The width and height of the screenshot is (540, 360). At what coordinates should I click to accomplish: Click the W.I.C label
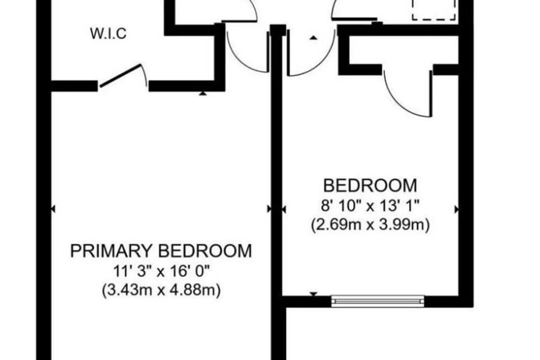(x=108, y=34)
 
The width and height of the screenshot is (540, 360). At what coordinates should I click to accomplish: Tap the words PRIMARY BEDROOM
(x=161, y=251)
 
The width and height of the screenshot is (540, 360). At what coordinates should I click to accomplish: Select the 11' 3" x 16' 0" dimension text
(x=162, y=271)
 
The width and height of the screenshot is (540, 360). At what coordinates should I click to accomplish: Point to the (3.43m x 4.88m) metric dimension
(x=161, y=290)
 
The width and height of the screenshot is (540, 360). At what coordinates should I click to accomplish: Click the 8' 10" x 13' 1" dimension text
(x=370, y=206)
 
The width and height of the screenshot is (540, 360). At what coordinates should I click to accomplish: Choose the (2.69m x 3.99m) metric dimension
(x=370, y=225)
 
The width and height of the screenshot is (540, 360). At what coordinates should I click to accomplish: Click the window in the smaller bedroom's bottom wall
(x=378, y=301)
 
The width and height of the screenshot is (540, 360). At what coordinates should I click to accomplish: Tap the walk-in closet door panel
(x=121, y=75)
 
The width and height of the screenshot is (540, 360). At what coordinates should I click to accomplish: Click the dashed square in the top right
(x=434, y=10)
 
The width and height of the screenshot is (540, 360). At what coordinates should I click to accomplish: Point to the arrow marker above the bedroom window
(x=314, y=294)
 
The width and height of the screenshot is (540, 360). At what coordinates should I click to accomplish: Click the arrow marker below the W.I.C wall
(x=203, y=94)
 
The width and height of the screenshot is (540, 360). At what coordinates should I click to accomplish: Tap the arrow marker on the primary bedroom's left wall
(x=53, y=209)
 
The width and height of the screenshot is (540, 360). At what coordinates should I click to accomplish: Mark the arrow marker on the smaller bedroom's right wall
(x=456, y=210)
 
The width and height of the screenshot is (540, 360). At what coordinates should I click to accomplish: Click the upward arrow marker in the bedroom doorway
(x=313, y=37)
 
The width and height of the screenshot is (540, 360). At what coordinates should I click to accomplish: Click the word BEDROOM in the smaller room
(x=370, y=186)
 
